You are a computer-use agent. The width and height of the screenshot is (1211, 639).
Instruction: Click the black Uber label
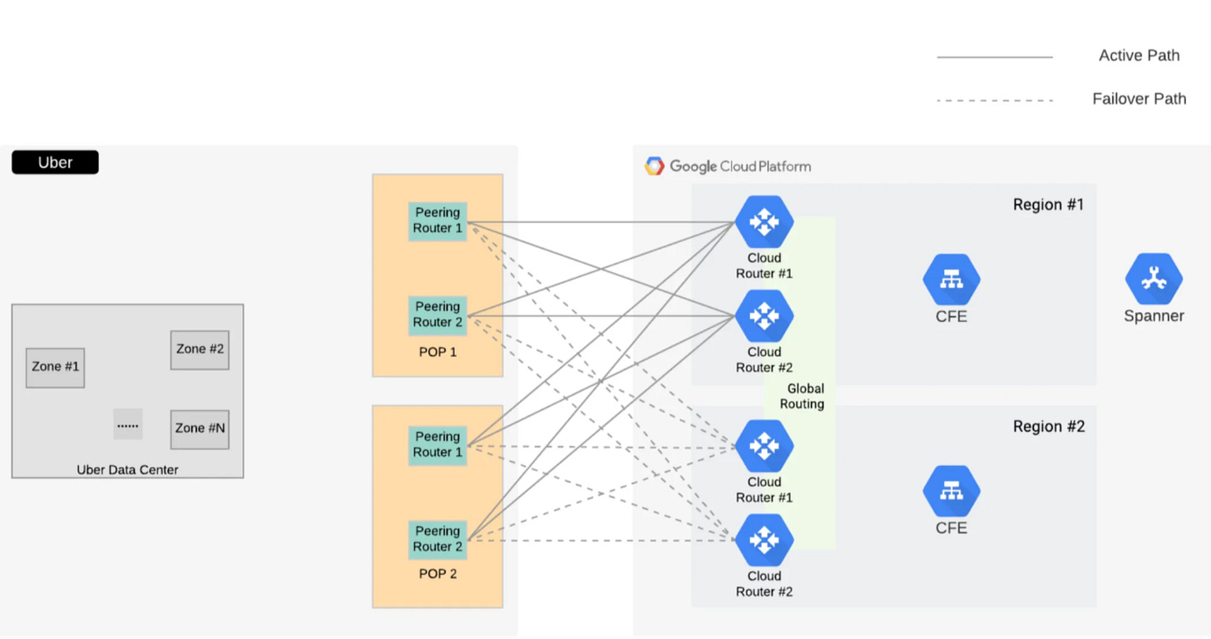[x=55, y=162]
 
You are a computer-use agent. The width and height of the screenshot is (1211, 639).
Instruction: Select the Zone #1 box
[x=55, y=367]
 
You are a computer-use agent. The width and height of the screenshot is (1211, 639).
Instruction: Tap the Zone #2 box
[x=200, y=349]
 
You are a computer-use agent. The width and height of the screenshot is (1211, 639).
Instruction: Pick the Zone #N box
[x=200, y=428]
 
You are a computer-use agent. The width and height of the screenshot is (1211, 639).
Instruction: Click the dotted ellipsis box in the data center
[x=128, y=424]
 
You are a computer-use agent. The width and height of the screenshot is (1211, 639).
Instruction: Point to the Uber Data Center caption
[x=127, y=469]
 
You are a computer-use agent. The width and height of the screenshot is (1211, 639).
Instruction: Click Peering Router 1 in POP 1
[x=437, y=221]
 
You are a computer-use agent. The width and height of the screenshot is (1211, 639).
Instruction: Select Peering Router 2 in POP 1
[x=437, y=315]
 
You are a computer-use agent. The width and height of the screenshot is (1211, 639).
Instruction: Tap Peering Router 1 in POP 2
[x=437, y=445]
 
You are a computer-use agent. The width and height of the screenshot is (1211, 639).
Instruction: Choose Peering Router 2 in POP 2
[x=437, y=539]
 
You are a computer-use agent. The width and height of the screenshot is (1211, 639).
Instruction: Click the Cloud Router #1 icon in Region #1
[x=764, y=222]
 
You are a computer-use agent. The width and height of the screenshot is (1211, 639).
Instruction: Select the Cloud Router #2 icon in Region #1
[x=764, y=316]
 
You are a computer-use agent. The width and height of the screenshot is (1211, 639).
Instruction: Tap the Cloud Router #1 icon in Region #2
[x=764, y=446]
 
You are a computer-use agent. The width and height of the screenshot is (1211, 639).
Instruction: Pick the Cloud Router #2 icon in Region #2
[x=764, y=540]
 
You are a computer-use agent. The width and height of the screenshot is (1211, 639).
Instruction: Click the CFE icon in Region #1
[x=951, y=280]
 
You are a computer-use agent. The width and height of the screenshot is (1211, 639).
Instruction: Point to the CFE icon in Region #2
[x=951, y=492]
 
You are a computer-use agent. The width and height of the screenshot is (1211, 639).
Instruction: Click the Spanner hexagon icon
[x=1154, y=280]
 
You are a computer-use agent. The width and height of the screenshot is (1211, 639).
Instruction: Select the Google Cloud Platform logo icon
[x=655, y=166]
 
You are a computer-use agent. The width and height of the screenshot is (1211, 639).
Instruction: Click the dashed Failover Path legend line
[x=995, y=100]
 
